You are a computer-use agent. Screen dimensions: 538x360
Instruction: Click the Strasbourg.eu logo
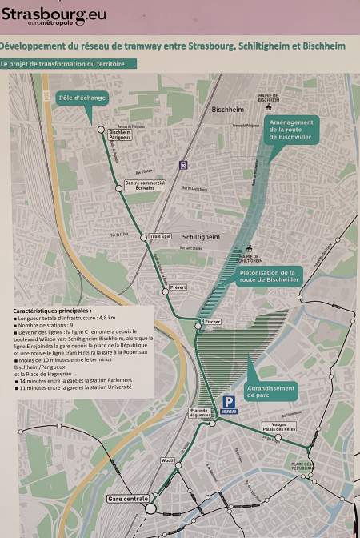[54, 16]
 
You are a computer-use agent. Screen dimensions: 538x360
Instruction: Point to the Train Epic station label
[160, 236]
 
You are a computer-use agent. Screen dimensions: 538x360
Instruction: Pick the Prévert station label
[178, 286]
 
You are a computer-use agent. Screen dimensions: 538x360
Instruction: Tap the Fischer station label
[212, 321]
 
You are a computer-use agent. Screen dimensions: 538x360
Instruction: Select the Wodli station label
[167, 460]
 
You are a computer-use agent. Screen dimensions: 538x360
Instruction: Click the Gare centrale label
[128, 499]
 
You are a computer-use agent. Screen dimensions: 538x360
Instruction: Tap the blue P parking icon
[229, 403]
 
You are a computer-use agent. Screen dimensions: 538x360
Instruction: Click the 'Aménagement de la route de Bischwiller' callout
[292, 130]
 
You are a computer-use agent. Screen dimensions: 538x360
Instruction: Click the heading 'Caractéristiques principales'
[52, 310]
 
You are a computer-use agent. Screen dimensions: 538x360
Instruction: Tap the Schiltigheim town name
[202, 237]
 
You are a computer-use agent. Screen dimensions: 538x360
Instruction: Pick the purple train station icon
[183, 166]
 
